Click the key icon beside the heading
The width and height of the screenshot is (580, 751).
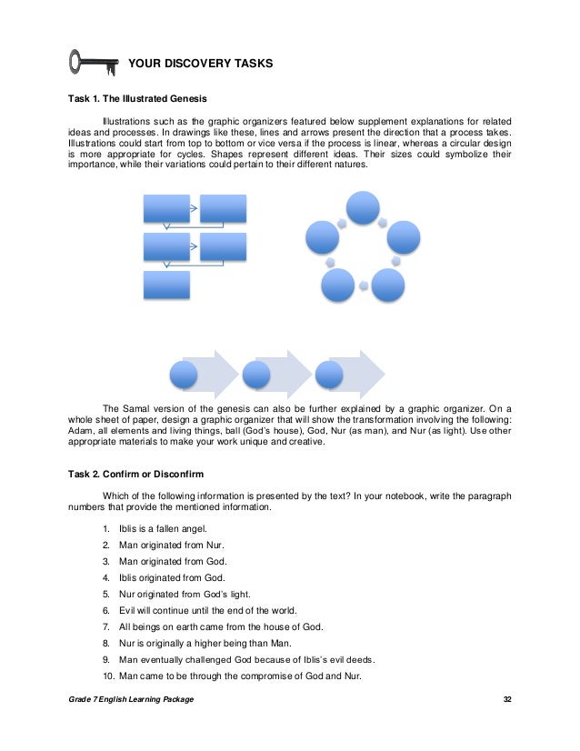tap(94, 63)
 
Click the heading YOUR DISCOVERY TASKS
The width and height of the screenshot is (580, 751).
tap(200, 64)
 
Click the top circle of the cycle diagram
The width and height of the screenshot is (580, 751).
tap(362, 207)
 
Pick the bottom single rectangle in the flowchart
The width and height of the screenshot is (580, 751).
tap(167, 285)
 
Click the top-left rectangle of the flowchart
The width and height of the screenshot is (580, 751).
tap(167, 208)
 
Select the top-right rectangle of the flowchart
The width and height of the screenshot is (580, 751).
tap(223, 208)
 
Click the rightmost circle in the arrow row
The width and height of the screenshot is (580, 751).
tap(329, 374)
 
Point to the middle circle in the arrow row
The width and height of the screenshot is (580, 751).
tap(256, 374)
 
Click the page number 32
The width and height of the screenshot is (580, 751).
tap(508, 706)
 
